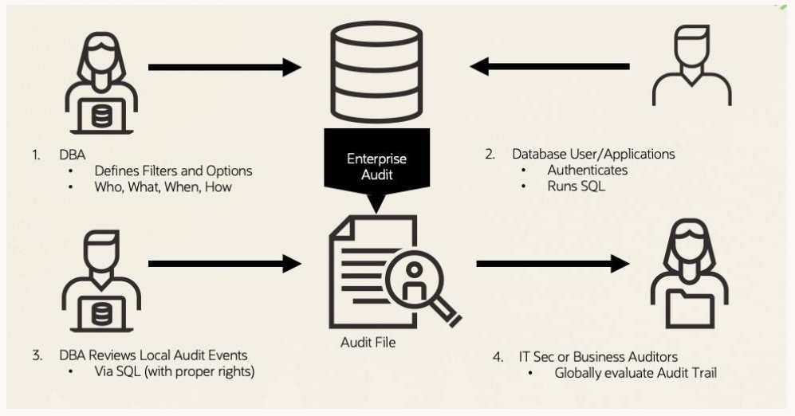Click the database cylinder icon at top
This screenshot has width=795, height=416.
click(377, 72)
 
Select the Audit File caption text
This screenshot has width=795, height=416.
click(368, 343)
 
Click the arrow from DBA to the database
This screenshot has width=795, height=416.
click(224, 67)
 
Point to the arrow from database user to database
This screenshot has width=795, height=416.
click(549, 66)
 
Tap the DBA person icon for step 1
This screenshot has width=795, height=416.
click(101, 84)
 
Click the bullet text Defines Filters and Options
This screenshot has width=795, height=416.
click(173, 171)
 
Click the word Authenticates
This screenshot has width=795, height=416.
click(587, 170)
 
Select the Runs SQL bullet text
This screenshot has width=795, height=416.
click(576, 187)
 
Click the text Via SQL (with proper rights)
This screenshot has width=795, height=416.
click(174, 371)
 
